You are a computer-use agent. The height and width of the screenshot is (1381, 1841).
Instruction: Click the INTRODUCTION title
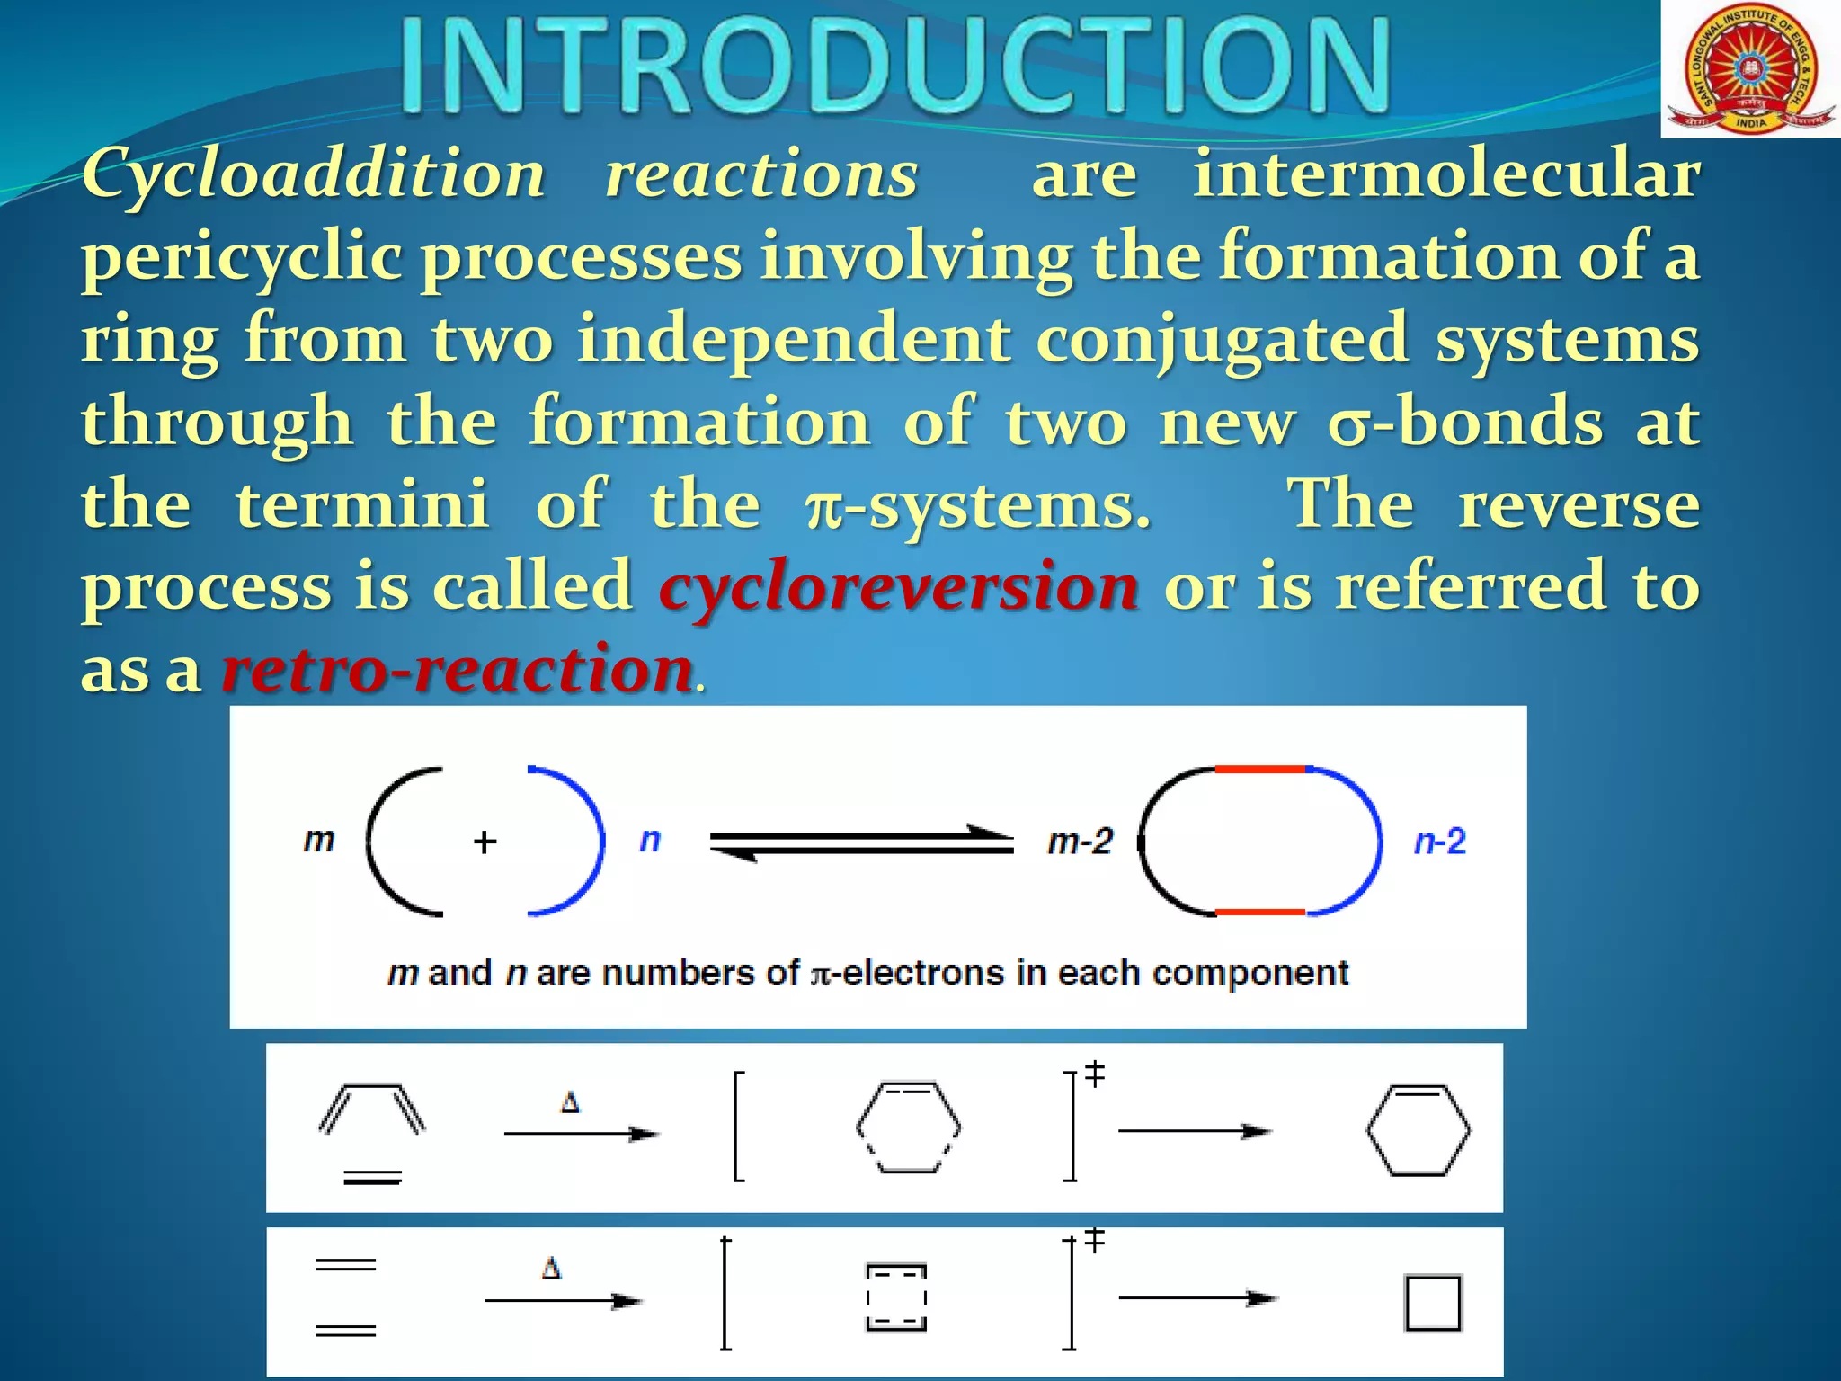pos(894,67)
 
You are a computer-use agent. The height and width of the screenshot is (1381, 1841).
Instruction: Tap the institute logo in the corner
pos(1748,69)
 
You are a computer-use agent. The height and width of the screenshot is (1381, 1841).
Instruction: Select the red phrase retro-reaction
pos(458,670)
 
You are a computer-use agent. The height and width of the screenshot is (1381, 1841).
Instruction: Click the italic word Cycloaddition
pos(314,174)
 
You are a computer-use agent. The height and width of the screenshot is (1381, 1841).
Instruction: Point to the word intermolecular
pos(1445,174)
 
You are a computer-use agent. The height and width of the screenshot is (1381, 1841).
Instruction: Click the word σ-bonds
pos(1465,421)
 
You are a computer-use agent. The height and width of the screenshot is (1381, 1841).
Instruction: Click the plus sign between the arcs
pos(485,842)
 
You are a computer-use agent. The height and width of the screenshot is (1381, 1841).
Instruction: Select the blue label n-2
pos(1439,842)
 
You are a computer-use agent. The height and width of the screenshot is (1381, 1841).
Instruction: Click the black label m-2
pos(1080,842)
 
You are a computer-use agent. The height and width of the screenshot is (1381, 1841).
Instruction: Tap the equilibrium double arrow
pos(861,842)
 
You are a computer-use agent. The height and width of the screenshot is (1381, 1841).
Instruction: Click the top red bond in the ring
pos(1259,770)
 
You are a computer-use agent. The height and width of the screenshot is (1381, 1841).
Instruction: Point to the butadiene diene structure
pos(372,1108)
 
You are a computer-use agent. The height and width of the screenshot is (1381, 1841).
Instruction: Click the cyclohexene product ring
pos(1418,1130)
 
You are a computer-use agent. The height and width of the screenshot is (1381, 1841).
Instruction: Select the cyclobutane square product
pos(1432,1302)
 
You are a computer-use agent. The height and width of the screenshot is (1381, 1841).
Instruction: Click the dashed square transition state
pos(896,1297)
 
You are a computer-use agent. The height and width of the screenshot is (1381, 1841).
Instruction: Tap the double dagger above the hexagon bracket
pos(1094,1074)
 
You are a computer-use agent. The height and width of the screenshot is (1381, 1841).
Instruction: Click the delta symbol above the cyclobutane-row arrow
pos(551,1269)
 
